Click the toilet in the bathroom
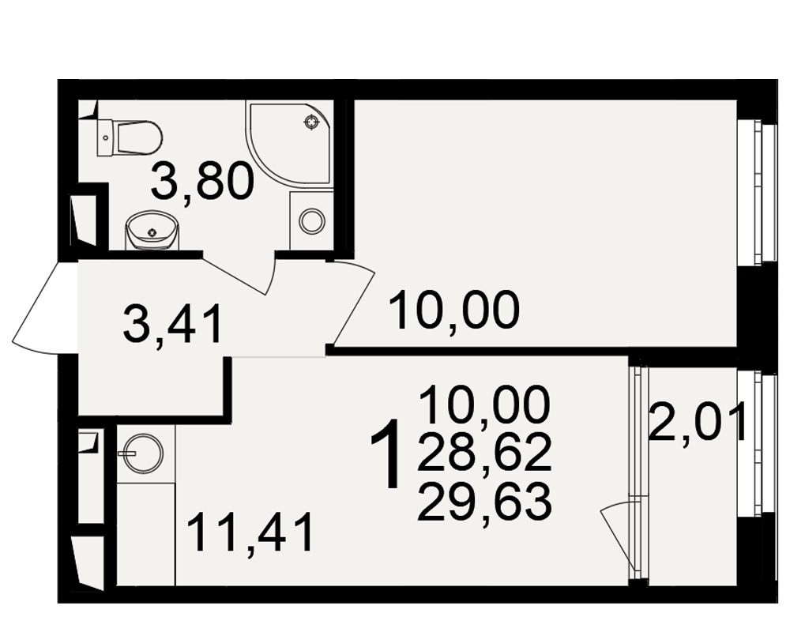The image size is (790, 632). tap(130, 137)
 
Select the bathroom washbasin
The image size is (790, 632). tap(151, 231)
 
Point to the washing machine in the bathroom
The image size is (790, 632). tap(312, 220)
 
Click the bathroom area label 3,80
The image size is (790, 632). tap(201, 181)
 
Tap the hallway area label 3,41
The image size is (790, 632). tap(172, 325)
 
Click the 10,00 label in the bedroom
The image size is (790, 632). tap(454, 310)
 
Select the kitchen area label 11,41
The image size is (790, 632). tap(250, 532)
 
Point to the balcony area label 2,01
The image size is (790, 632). tap(698, 425)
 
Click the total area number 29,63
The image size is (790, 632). tap(484, 501)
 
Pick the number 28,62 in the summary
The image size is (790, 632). tap(484, 452)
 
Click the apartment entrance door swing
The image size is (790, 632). tap(43, 307)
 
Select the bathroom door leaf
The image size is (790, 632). tap(235, 275)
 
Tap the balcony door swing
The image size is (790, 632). tap(618, 534)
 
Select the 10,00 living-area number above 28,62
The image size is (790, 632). tap(484, 404)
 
